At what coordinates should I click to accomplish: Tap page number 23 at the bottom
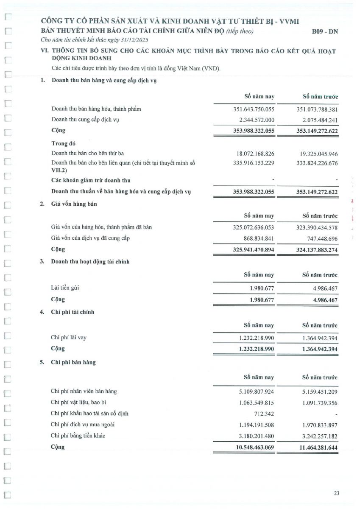point(337,493)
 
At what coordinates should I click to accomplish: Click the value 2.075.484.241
point(317,120)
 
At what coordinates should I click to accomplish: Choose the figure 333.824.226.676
point(317,163)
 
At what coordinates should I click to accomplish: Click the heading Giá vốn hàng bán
point(74,204)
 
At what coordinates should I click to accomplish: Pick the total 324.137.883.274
point(317,250)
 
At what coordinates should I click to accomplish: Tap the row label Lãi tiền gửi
point(65,288)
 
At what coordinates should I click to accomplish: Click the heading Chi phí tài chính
point(73,312)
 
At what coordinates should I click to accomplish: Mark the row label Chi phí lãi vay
point(69,338)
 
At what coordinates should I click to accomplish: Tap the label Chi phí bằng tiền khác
point(78,436)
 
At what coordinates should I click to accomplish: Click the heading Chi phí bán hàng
point(73,363)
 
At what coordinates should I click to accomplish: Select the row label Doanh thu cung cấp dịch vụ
point(85,120)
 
